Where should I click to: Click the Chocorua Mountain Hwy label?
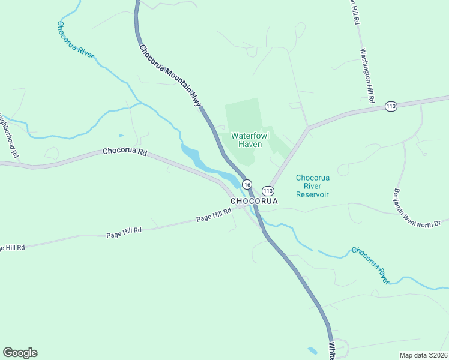[170, 76]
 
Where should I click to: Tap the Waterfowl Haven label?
[250, 140]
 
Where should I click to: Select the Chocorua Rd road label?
[125, 152]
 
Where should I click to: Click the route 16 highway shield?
[247, 184]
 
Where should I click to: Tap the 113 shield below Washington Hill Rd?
[391, 106]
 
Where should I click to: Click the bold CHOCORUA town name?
[255, 201]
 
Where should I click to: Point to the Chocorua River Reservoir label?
[312, 186]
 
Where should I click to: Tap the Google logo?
[20, 353]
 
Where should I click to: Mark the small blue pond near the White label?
[312, 350]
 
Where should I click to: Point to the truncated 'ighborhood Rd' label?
[9, 136]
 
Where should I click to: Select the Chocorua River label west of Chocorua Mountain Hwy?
[76, 39]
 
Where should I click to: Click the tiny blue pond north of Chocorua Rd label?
[121, 135]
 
